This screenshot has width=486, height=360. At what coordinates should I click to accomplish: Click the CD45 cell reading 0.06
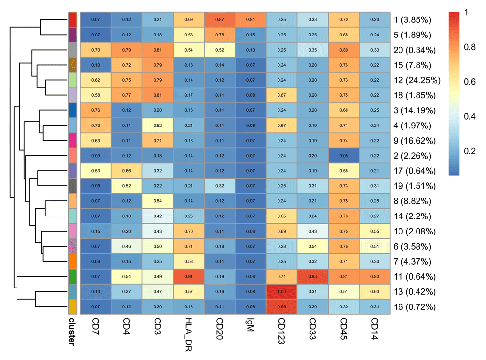[345, 156]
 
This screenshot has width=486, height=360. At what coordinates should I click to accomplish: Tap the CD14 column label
[375, 326]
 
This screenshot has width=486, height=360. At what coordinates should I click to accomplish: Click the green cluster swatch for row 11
[72, 277]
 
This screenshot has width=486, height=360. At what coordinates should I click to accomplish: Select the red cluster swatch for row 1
[72, 19]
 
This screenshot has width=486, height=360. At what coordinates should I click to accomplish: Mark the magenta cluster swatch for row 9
[72, 141]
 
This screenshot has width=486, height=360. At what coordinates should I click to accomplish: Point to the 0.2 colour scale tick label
[470, 152]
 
